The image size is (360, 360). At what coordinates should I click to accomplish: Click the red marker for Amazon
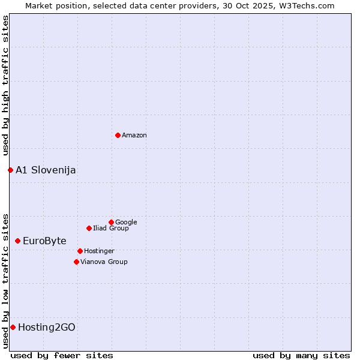pos(118,135)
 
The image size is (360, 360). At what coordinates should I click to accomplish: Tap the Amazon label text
pos(134,136)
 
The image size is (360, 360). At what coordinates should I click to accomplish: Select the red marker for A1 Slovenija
pos(10,170)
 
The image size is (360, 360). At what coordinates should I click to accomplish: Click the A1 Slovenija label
pos(46,170)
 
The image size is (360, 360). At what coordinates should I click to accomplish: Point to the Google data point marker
pos(111,222)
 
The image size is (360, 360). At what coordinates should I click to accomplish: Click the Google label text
pos(126,223)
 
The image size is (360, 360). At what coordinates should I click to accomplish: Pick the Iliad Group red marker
pos(89,228)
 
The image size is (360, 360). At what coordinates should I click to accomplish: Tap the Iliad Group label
pos(111,229)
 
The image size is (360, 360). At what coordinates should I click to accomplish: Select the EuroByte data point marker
pos(17,241)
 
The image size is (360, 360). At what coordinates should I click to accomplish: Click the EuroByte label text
pos(44,241)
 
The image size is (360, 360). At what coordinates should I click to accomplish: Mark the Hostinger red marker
pos(80,251)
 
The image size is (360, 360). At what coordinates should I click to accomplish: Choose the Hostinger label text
pos(99,251)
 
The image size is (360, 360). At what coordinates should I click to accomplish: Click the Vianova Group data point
pos(76,262)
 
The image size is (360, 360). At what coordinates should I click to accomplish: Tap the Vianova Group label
pos(104,262)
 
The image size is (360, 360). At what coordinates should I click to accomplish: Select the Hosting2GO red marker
pos(13,327)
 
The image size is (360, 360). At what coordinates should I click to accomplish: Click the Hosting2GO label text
pos(47,328)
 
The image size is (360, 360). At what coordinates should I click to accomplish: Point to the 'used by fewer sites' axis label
pos(62,355)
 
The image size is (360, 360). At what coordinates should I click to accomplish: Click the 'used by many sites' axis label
pos(301,355)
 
